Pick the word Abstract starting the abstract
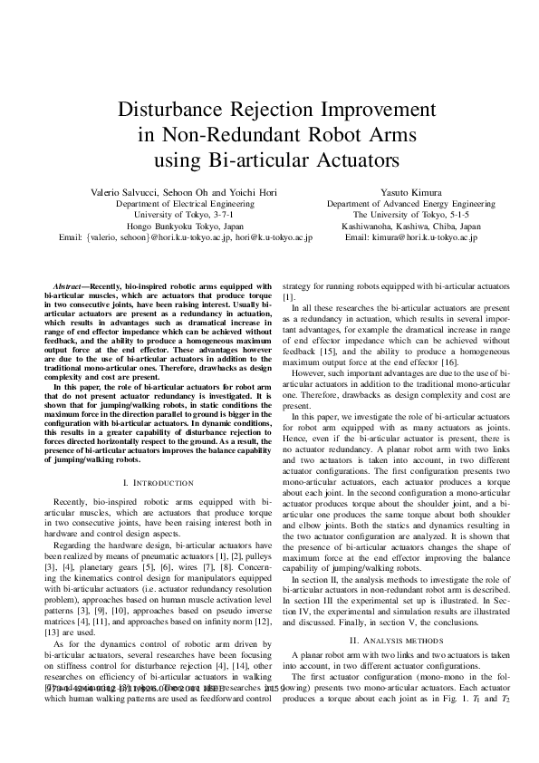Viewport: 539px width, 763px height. (x=69, y=285)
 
